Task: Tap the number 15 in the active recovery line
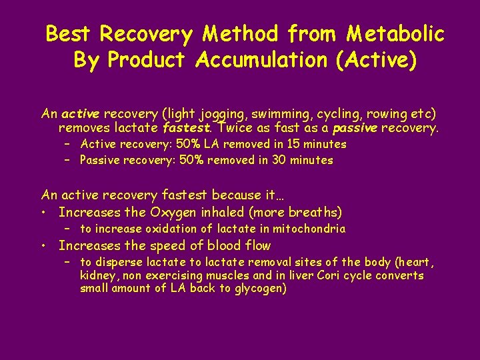pyautogui.click(x=283, y=144)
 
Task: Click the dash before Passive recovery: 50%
pyautogui.click(x=67, y=160)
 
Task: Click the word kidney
pyautogui.click(x=96, y=275)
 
